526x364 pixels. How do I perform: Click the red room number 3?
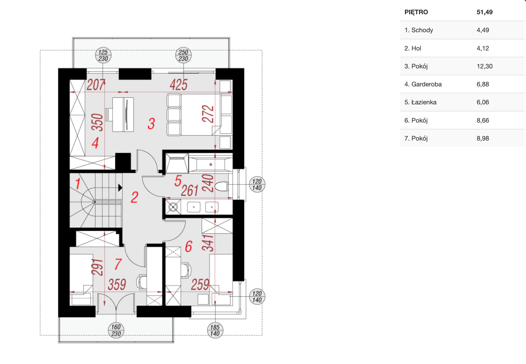(151, 124)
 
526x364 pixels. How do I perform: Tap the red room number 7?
(118, 264)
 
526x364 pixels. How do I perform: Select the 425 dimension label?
(178, 85)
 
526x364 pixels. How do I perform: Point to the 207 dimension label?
(96, 85)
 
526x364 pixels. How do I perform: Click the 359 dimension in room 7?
(117, 284)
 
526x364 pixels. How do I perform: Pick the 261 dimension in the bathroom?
(190, 191)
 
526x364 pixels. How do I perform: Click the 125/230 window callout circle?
(103, 55)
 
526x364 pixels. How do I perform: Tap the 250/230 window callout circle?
(183, 55)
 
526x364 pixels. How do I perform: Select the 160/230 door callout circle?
(116, 330)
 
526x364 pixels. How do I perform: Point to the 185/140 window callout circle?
(215, 330)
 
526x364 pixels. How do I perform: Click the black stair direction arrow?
(120, 188)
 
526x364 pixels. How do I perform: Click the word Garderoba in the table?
(426, 84)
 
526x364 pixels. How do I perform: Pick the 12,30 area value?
(485, 66)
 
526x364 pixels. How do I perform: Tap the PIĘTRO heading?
(416, 12)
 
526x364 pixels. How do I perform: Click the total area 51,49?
(485, 12)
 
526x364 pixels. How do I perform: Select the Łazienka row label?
(424, 102)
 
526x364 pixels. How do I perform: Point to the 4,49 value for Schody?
(483, 30)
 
